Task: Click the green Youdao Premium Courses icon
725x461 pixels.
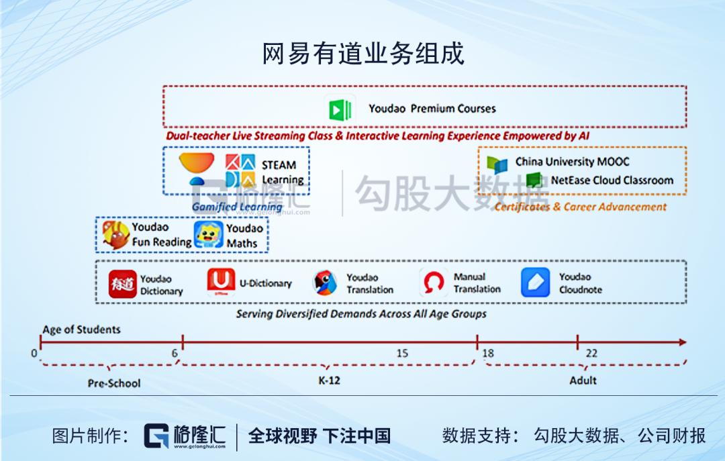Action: (340, 109)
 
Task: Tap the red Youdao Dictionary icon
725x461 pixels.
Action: (123, 284)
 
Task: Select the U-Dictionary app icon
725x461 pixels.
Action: (221, 283)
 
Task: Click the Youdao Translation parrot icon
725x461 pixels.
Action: (326, 283)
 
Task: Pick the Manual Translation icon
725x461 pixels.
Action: (433, 283)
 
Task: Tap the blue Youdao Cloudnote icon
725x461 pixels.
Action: (535, 283)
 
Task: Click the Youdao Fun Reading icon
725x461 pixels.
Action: (115, 235)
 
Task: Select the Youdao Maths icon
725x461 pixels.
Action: (209, 235)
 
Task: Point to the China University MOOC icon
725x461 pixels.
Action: (497, 163)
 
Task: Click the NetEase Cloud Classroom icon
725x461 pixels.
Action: (534, 180)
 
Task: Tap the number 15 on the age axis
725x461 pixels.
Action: (401, 354)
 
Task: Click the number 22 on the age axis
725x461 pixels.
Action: (591, 354)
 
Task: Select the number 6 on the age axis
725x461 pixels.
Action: (175, 354)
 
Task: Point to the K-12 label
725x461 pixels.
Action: (329, 380)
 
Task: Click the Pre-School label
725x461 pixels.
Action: (114, 383)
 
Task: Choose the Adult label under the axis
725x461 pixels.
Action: (583, 380)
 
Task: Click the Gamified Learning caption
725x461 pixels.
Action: (237, 207)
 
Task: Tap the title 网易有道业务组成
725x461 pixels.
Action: (362, 54)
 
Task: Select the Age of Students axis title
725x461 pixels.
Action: (81, 329)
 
